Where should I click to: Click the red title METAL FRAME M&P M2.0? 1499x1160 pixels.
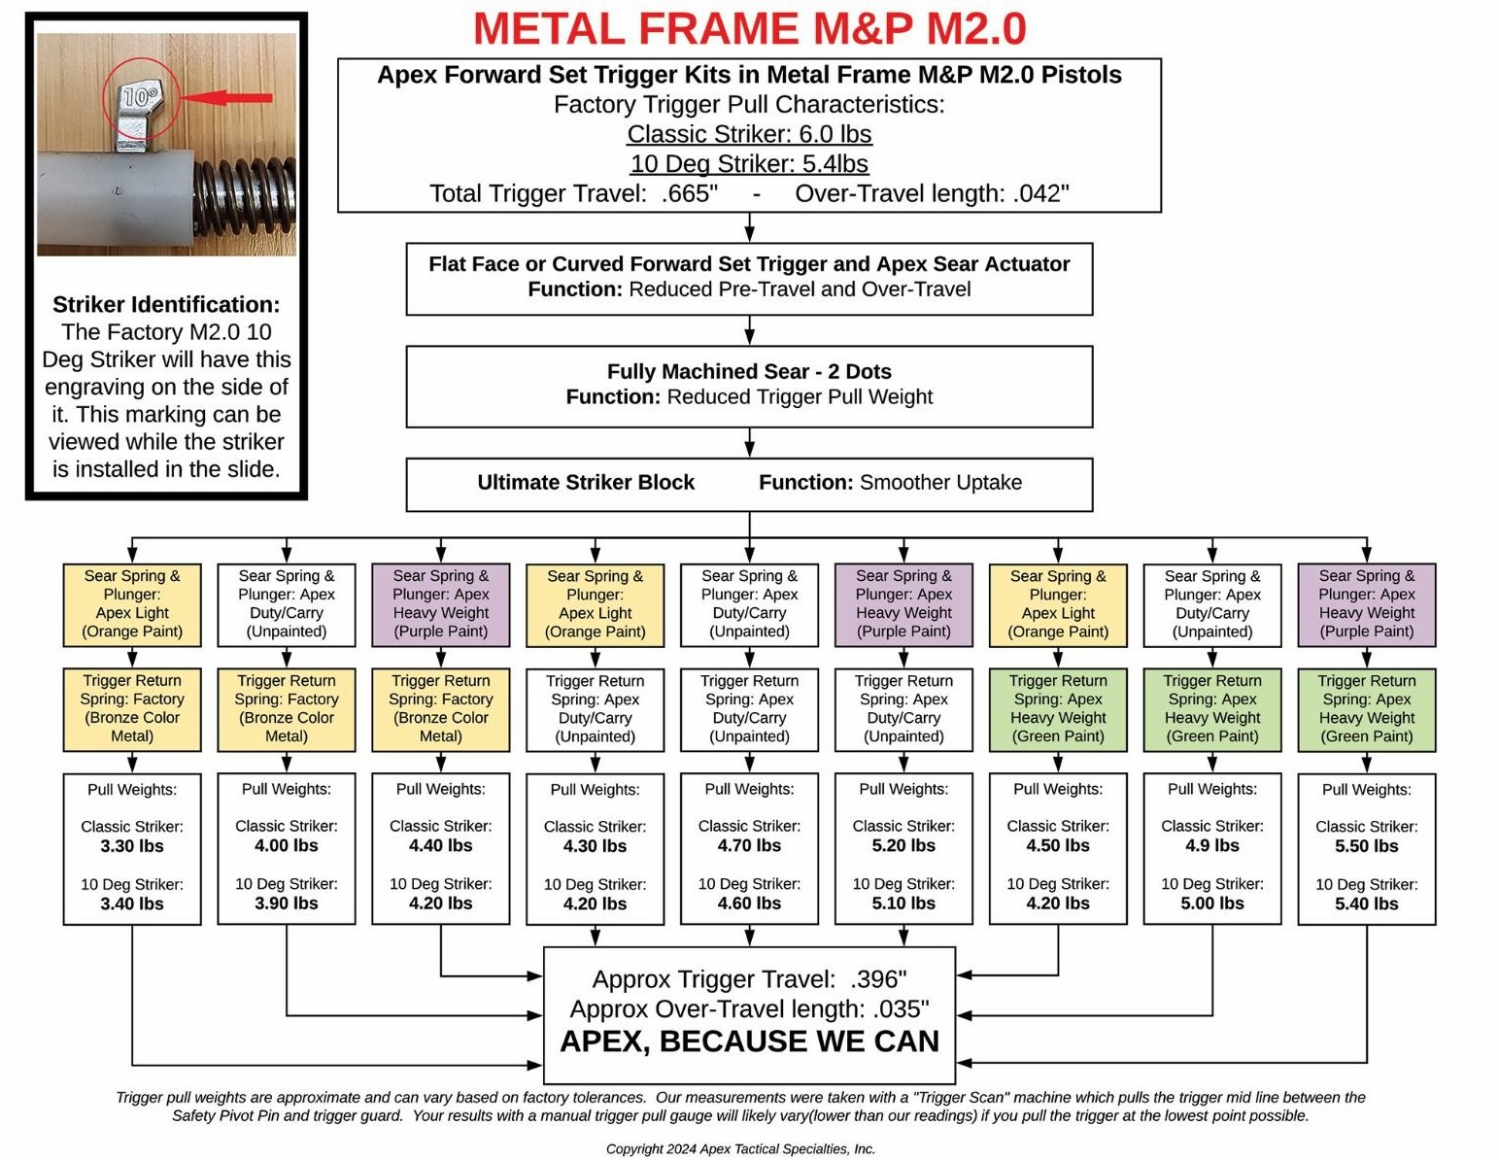point(749,29)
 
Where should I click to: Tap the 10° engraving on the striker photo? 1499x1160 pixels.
point(141,96)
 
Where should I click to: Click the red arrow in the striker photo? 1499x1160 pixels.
point(227,97)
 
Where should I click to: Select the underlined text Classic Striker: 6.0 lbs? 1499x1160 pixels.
point(749,134)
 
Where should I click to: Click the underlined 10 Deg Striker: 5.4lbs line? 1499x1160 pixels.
point(749,163)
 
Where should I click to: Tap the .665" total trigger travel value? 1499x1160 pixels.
point(689,193)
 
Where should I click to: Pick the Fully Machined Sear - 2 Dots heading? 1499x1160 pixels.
point(749,371)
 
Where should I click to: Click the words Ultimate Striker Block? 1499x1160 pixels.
point(586,482)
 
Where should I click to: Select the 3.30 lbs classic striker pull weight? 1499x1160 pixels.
point(132,845)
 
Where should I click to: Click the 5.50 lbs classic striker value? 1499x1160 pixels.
point(1366,845)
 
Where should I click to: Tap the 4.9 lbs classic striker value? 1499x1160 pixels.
point(1212,845)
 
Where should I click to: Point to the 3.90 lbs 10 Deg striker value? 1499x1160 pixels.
point(287,903)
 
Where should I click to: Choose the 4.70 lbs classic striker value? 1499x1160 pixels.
point(749,845)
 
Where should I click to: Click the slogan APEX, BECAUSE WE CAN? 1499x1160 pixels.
point(749,1041)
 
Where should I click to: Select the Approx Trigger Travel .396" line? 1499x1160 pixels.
point(749,978)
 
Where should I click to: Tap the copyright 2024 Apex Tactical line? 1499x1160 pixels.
point(740,1148)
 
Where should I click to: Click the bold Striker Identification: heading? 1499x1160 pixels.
point(166,304)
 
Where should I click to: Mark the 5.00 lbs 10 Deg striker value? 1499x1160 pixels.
point(1212,903)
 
